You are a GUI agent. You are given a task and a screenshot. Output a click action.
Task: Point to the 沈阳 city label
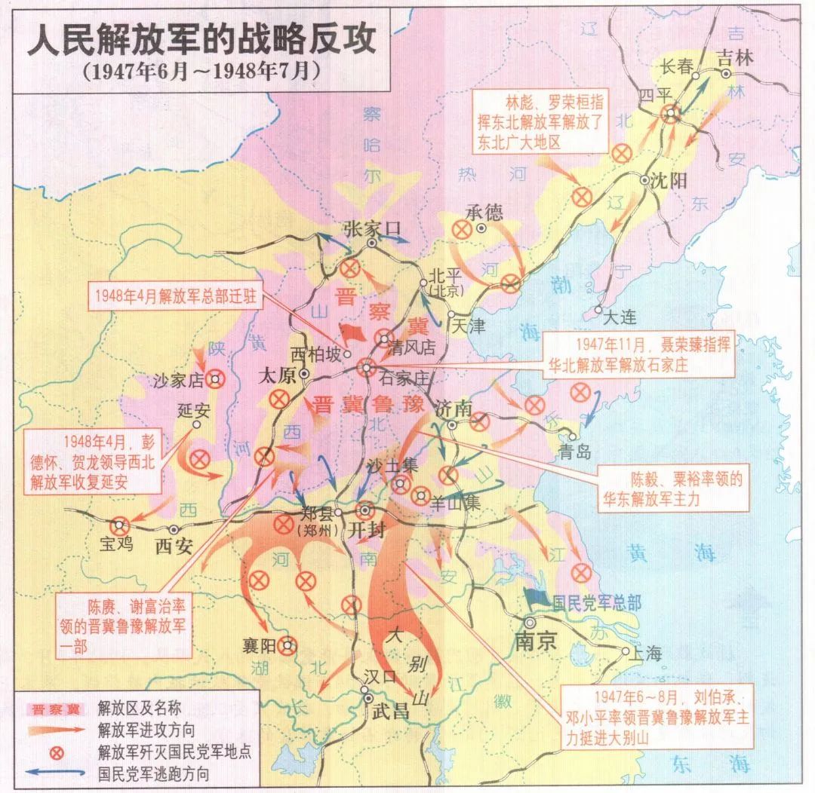(665, 181)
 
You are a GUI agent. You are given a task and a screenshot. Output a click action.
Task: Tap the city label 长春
(676, 66)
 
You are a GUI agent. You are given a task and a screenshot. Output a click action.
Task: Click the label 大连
(621, 317)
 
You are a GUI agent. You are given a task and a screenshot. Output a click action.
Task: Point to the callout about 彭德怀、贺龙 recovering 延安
(93, 461)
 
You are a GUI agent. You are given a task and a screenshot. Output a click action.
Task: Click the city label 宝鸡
(116, 543)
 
